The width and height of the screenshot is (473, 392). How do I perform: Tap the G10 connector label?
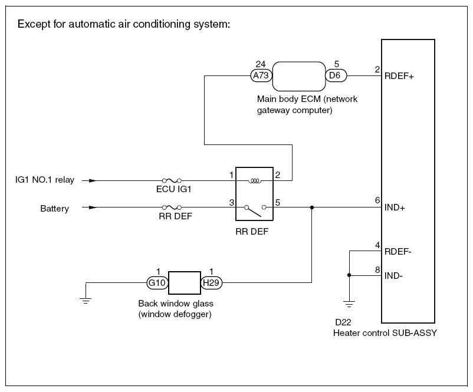(157, 282)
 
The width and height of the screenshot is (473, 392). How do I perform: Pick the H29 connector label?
(212, 282)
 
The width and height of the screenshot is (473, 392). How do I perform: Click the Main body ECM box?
(298, 75)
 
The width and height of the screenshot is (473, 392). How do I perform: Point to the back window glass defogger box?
(185, 282)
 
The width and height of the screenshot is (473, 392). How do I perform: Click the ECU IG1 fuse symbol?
(172, 180)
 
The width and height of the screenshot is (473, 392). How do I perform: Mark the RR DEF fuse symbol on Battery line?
(172, 207)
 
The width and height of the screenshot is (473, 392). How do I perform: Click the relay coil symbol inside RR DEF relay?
(255, 180)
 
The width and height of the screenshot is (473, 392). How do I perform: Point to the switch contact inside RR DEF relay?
(255, 208)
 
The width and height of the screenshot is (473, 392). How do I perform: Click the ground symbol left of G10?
(86, 301)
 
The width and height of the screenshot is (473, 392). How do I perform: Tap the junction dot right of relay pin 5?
(312, 207)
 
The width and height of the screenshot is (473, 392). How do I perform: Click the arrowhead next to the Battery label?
(92, 207)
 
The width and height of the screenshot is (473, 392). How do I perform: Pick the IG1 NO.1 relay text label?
(45, 180)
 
